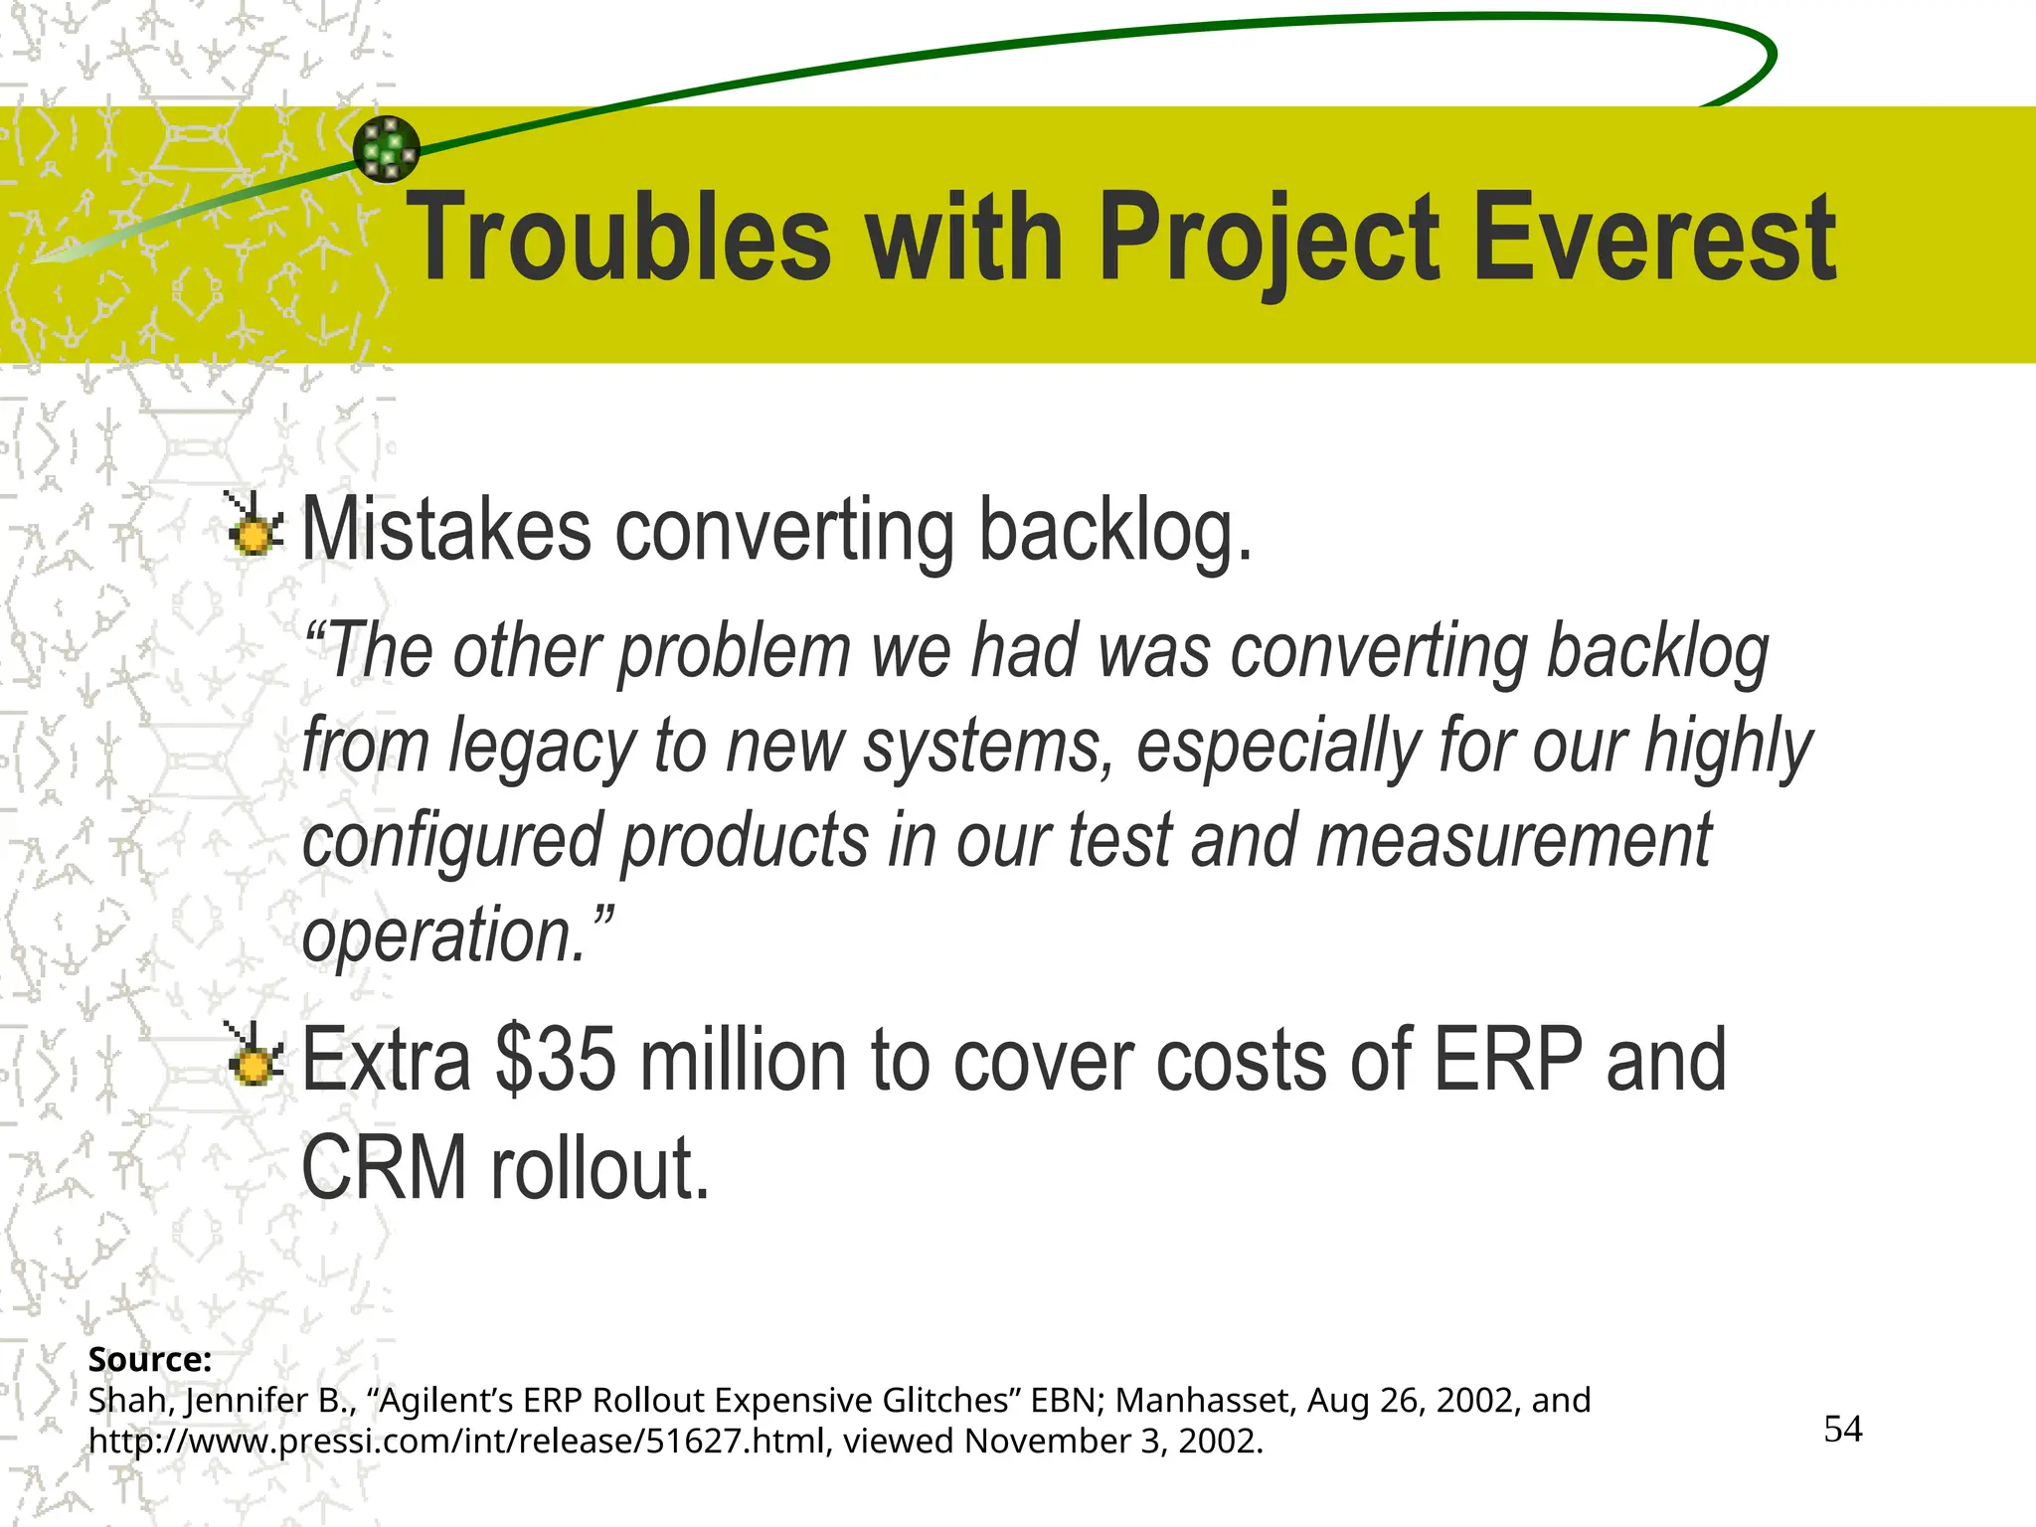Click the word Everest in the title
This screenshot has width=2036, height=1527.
coord(1653,239)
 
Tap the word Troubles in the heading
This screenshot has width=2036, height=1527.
coord(619,239)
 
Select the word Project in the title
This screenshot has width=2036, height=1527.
coord(1270,239)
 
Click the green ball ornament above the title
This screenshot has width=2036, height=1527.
coord(387,149)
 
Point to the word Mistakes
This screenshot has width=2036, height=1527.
coord(446,530)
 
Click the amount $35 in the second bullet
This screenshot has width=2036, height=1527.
coord(557,1061)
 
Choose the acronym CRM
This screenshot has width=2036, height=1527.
coord(384,1168)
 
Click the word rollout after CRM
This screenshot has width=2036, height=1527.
coord(600,1168)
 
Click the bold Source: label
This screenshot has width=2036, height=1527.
coord(150,1359)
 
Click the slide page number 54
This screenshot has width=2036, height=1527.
coord(1842,1430)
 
